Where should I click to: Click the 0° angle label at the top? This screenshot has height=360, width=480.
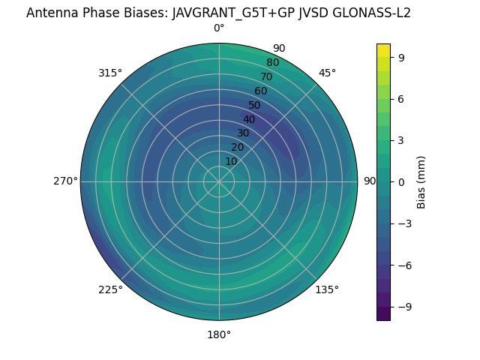click(x=219, y=28)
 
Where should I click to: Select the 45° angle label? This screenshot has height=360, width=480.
click(x=327, y=73)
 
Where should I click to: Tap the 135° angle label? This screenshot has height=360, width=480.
click(x=327, y=289)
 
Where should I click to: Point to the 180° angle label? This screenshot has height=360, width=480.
click(x=219, y=334)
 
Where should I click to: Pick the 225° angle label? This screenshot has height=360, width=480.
click(x=110, y=289)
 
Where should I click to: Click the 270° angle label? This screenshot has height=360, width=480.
click(x=65, y=181)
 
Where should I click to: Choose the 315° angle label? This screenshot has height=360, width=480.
click(x=110, y=73)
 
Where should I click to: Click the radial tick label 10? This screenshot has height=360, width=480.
click(x=231, y=161)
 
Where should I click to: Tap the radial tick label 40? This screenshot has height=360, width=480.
click(x=249, y=119)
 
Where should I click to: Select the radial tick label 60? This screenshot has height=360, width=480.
click(x=261, y=91)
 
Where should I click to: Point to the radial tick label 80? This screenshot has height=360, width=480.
click(x=272, y=63)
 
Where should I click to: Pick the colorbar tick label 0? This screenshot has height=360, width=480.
click(x=401, y=181)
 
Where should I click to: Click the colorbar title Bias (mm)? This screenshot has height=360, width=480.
click(x=421, y=181)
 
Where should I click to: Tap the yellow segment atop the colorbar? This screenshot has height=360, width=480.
click(x=383, y=49)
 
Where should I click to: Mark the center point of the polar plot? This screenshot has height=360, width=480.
click(x=219, y=181)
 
